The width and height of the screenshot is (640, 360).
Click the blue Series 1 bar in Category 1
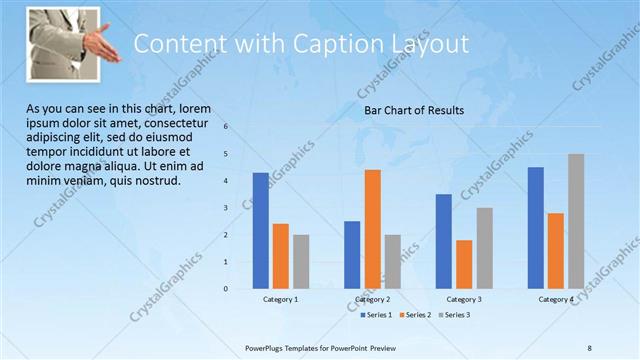point(260,230)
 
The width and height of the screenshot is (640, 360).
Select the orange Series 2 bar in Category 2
point(372,229)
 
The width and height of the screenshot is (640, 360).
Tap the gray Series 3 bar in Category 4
point(576,221)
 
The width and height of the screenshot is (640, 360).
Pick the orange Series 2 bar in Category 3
point(464,264)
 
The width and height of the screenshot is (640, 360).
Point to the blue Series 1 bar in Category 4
point(535,227)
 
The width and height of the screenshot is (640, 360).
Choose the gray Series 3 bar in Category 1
point(301,261)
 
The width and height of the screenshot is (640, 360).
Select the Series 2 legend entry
point(415,315)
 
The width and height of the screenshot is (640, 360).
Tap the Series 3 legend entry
point(453,315)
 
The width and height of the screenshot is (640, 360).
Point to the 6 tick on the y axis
point(226,127)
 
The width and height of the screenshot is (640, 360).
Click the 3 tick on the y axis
point(226,208)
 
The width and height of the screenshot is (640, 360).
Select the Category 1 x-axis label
point(281,299)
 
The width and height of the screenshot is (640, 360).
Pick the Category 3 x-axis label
point(464,299)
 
